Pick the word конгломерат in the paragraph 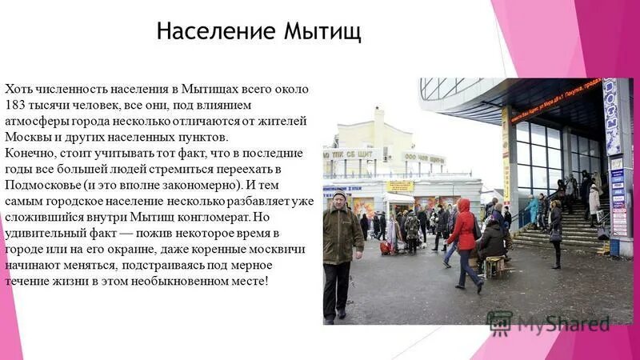pos(230,216)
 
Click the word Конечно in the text pos(28,151)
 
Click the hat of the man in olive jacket pos(339,195)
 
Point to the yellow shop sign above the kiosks pos(399,186)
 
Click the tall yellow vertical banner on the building pos(506,152)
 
